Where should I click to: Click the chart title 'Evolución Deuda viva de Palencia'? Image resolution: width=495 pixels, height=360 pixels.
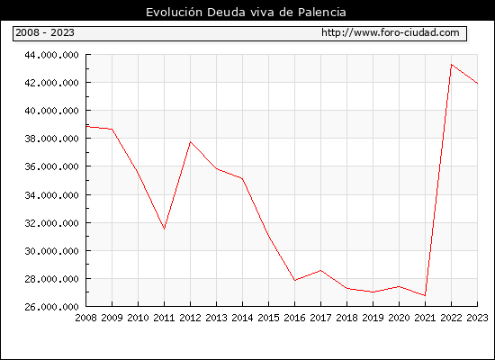[x=246, y=13]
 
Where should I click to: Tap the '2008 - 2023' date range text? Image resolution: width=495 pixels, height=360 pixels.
[x=45, y=32]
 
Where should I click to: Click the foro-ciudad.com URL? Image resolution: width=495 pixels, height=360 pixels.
[x=391, y=32]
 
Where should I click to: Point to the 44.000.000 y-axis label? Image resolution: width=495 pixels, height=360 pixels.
[x=52, y=55]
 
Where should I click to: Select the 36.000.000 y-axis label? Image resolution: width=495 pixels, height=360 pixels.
[x=52, y=166]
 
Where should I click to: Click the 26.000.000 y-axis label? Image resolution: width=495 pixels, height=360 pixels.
[x=52, y=307]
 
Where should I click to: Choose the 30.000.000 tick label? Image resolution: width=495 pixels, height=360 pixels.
[x=52, y=251]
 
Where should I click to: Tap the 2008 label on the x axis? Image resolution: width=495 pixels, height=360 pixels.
[x=85, y=318]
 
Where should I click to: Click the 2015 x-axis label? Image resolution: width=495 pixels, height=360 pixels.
[x=269, y=318]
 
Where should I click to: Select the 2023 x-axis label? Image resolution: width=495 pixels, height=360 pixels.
[x=477, y=318]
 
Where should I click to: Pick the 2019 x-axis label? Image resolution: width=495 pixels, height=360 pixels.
[x=373, y=318]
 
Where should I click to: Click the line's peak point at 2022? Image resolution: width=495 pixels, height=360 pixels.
[x=452, y=65]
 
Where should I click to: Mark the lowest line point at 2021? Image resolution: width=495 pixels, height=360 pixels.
[x=425, y=295]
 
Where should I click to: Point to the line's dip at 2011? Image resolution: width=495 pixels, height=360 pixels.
[x=164, y=229]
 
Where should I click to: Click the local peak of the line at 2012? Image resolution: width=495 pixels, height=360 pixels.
[x=191, y=142]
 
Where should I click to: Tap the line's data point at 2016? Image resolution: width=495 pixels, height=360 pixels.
[x=295, y=280]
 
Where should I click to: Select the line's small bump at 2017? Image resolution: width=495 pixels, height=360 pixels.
[x=320, y=270]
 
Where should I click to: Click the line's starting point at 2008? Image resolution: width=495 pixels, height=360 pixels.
[x=86, y=127]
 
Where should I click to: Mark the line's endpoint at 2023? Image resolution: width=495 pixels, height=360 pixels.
[x=477, y=83]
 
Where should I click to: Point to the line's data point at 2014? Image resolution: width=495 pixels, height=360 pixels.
[x=242, y=179]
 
